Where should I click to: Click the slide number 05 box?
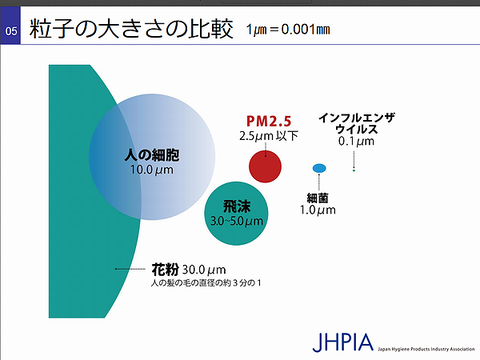coord(10,26)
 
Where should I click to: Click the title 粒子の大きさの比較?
coord(131,29)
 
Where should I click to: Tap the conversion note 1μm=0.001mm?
coord(288,29)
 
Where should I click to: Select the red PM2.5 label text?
coord(269,121)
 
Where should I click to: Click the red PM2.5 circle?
coord(265,166)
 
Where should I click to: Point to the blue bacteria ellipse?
coord(319,168)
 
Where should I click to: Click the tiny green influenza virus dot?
coord(354,170)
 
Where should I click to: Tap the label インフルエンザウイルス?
coord(356,123)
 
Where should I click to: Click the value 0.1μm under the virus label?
coord(356,141)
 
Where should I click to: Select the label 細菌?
coord(318,198)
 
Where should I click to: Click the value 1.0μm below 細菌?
coord(318,210)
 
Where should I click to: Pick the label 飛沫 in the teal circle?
coord(237,206)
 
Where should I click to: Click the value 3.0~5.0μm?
coord(237,221)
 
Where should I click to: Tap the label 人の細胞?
coord(152,155)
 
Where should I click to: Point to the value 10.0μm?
coord(152,170)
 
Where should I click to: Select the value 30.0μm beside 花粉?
coord(204,270)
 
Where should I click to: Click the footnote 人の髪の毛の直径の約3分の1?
coord(206,283)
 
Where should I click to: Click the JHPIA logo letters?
coord(343,342)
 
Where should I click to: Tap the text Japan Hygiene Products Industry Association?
coord(426,349)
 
